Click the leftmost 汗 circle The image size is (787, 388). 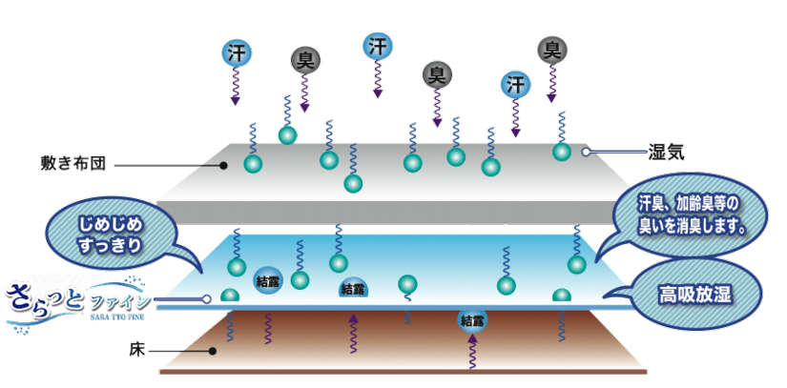237,51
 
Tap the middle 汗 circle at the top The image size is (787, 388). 379,45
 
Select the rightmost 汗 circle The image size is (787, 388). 516,83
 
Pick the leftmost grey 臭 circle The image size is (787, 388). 303,60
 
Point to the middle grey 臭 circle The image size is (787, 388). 438,73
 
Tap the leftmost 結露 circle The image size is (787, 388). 266,281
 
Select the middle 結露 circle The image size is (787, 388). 352,288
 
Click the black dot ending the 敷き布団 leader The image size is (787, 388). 223,165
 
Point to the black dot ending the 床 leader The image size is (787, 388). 217,351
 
